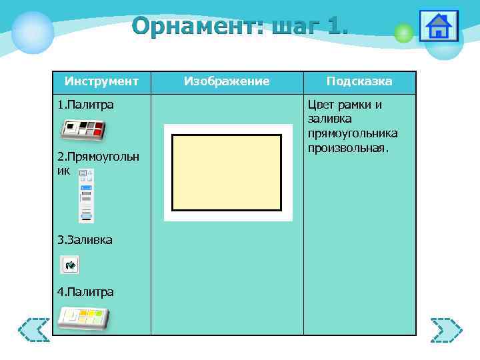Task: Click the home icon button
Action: tap(439, 27)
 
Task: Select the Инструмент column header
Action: tap(101, 81)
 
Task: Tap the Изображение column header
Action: tap(227, 81)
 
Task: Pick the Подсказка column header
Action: tap(359, 81)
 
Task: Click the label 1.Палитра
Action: tap(85, 105)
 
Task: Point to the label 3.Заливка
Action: tap(85, 239)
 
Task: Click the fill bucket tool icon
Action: tap(70, 265)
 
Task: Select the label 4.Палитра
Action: tap(85, 291)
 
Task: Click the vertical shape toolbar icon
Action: tap(86, 195)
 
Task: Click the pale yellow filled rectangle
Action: tap(227, 172)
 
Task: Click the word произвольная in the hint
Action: tap(347, 147)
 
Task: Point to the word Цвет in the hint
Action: tap(321, 105)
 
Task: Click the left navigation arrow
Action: tap(33, 329)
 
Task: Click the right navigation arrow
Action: tap(446, 329)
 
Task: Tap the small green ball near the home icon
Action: tap(403, 33)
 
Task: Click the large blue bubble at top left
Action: tap(33, 31)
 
